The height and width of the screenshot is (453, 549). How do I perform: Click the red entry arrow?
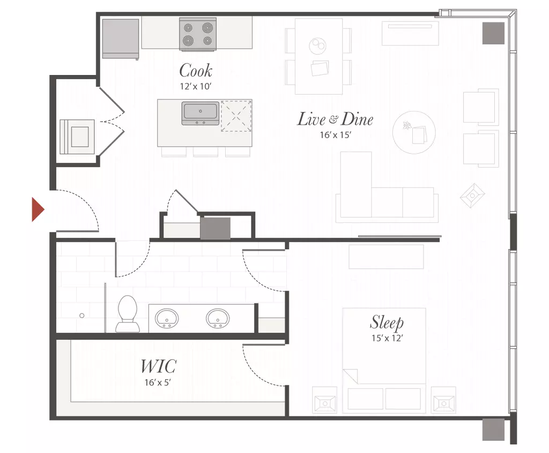(38, 209)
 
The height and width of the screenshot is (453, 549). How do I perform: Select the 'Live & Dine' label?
(335, 119)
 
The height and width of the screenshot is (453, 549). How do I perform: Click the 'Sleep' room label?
(387, 322)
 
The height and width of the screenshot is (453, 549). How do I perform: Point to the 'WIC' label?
(158, 366)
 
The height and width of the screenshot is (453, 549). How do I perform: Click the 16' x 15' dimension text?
(336, 135)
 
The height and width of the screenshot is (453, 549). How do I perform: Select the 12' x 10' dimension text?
(196, 86)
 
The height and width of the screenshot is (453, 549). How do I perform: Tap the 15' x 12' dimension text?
(387, 338)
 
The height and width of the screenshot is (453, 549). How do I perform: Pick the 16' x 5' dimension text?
(158, 382)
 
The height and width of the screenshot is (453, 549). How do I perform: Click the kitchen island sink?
(201, 113)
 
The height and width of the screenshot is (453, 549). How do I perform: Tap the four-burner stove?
(198, 34)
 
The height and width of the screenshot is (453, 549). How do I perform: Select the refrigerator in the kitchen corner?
(121, 39)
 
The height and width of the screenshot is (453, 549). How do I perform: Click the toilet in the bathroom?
(128, 314)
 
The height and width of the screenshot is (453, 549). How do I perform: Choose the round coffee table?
(414, 133)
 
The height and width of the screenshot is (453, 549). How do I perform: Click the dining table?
(318, 56)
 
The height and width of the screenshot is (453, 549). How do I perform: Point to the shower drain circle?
(82, 315)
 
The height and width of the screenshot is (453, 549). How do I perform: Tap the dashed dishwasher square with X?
(236, 116)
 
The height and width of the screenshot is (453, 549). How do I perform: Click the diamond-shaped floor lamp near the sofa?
(472, 195)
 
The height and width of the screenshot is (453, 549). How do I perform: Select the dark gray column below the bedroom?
(493, 429)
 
